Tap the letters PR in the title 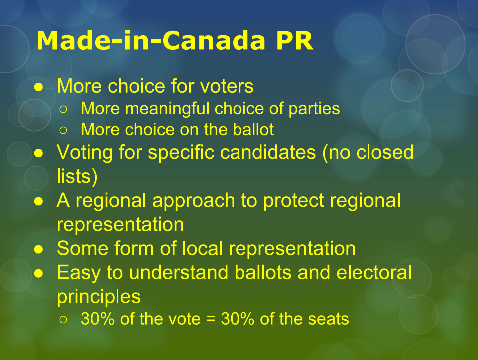(295, 41)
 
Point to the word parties (314, 109)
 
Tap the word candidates (268, 152)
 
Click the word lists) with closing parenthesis (77, 176)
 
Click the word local (202, 248)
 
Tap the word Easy (79, 273)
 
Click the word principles (99, 297)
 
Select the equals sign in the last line (211, 319)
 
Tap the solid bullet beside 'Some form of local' (39, 249)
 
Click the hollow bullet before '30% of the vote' (63, 320)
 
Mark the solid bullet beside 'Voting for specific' (39, 153)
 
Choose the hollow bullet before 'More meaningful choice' (63, 109)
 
